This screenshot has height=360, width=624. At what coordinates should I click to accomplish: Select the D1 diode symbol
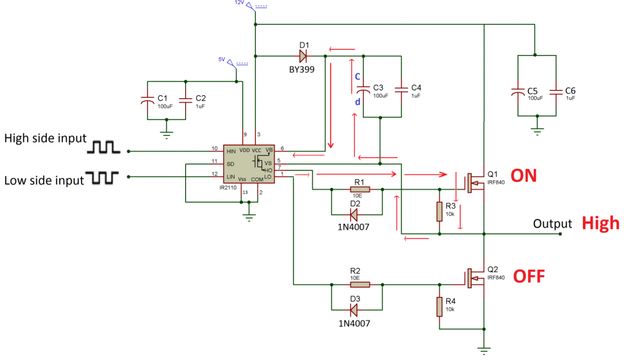click(x=303, y=55)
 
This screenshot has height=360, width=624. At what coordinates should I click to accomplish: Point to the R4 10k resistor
click(x=439, y=307)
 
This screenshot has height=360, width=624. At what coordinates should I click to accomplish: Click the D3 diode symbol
click(x=355, y=310)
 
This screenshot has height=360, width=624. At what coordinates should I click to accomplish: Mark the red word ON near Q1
click(x=524, y=176)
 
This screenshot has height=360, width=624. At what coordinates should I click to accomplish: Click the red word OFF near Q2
click(x=529, y=276)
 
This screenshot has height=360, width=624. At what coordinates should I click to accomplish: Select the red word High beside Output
click(x=600, y=223)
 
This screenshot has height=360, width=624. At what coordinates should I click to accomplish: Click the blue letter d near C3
click(x=357, y=102)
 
